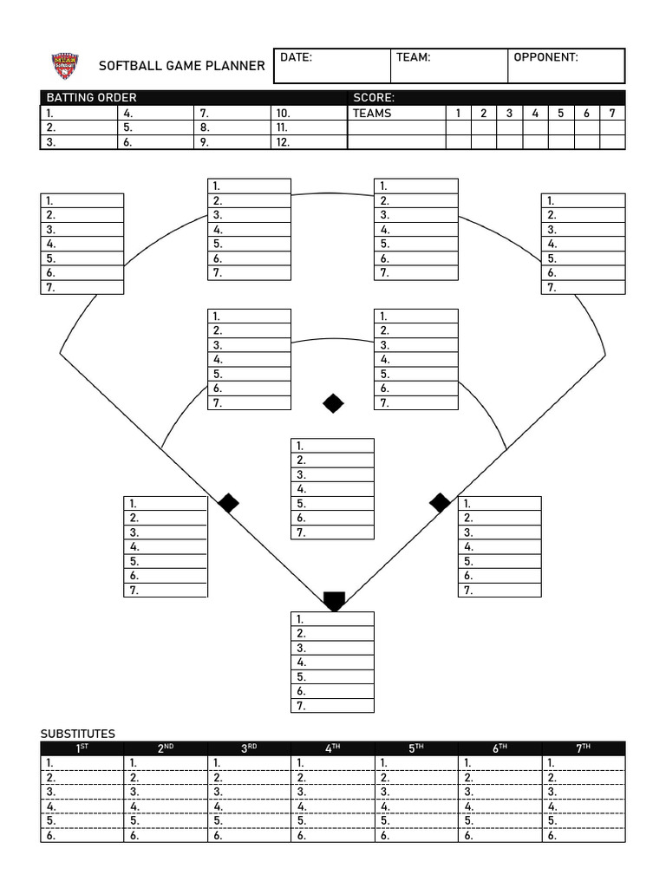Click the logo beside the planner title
point(65,66)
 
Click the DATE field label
point(296,58)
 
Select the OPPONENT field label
point(545,58)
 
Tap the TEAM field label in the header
point(413,58)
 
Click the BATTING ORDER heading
point(91,98)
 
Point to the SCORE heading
point(374,98)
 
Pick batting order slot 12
point(283,142)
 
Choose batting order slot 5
point(127,127)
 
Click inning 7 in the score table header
point(612,113)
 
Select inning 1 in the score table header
point(458,113)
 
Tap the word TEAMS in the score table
point(372,113)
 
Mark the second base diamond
point(333,403)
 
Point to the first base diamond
point(440,503)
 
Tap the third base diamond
point(228,503)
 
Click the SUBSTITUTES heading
point(78,734)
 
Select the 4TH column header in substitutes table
point(332,748)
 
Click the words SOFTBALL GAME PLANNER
point(182,66)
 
